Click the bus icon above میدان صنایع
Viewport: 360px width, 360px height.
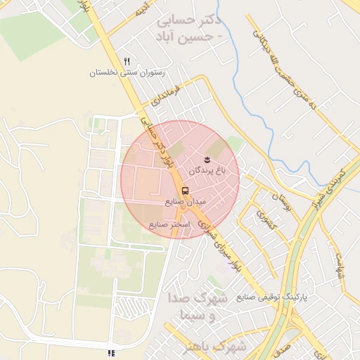tap(185, 191)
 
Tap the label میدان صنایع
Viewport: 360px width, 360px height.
tap(185, 202)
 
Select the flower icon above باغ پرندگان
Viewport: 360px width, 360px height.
tap(207, 159)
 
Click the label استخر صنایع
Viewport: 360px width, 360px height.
tap(167, 224)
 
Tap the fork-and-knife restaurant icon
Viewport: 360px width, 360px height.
tap(127, 61)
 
